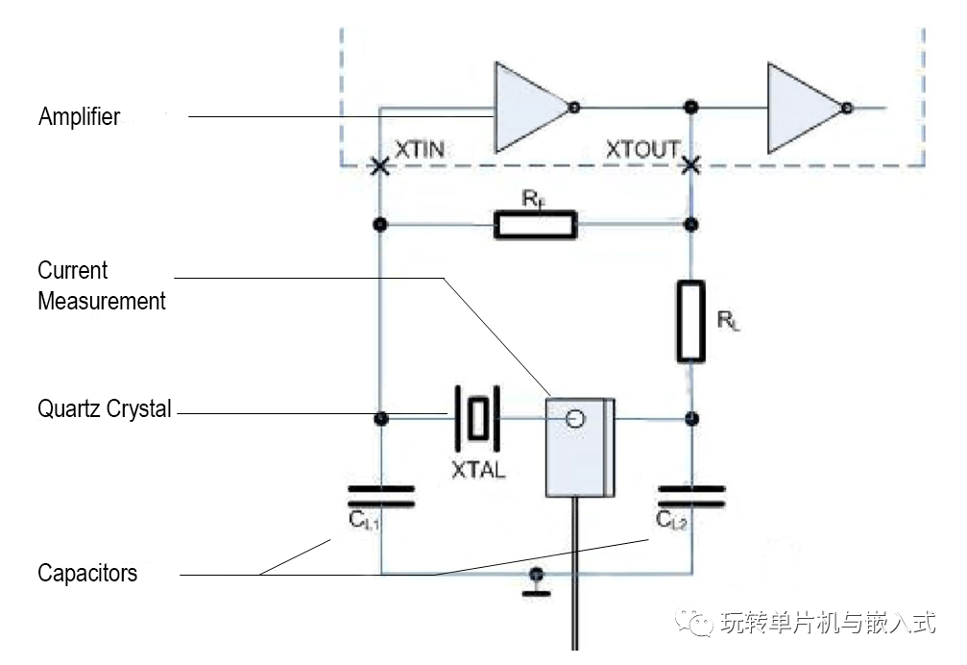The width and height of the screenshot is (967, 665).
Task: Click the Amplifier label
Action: coord(79,116)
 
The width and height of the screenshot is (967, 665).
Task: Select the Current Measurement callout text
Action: coord(101,285)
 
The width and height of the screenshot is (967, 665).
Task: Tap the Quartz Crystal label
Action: coord(105,409)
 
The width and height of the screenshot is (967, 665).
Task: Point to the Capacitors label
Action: coord(87,573)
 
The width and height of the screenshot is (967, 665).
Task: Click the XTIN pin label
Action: coord(420,149)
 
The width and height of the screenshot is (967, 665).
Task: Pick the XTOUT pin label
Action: coord(642,149)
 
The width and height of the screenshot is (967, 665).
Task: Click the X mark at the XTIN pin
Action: coord(380,165)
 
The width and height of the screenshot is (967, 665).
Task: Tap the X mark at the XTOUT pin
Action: coord(691,164)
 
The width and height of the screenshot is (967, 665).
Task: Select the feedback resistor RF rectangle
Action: coord(536,225)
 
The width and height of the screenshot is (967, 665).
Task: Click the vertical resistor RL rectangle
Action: coord(691,321)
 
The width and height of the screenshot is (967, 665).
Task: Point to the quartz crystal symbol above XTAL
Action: coord(477,419)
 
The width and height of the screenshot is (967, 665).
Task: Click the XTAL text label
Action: coord(478,470)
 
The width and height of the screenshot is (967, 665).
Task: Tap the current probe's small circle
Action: coord(575,420)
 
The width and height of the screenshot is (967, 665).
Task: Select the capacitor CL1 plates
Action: coord(381,497)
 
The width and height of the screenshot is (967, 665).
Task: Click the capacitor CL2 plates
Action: coord(692,497)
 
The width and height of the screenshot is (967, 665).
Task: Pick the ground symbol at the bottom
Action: coord(537,583)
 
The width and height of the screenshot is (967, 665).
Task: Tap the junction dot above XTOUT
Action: coord(691,108)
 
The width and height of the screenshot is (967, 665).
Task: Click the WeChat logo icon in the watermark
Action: coord(694,623)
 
